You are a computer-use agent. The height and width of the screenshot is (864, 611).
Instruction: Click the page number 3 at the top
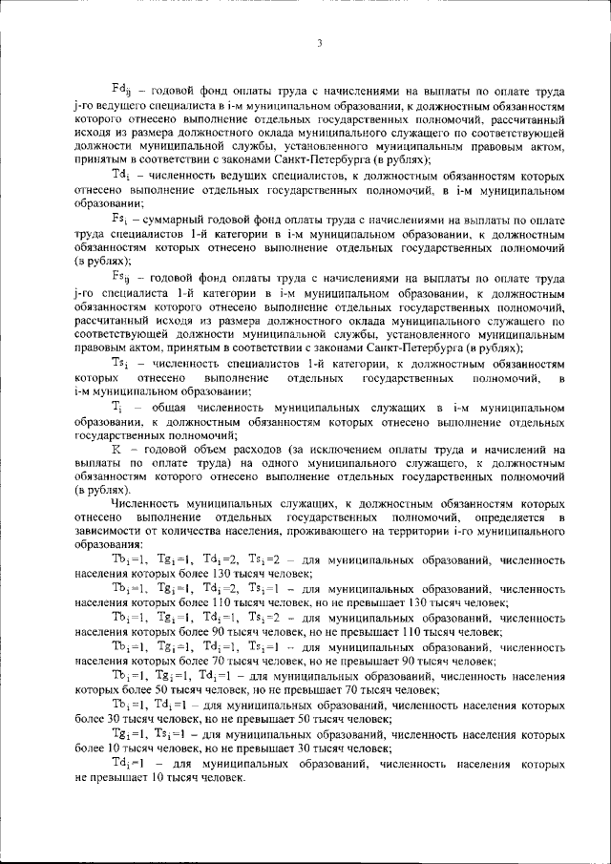[320, 42]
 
